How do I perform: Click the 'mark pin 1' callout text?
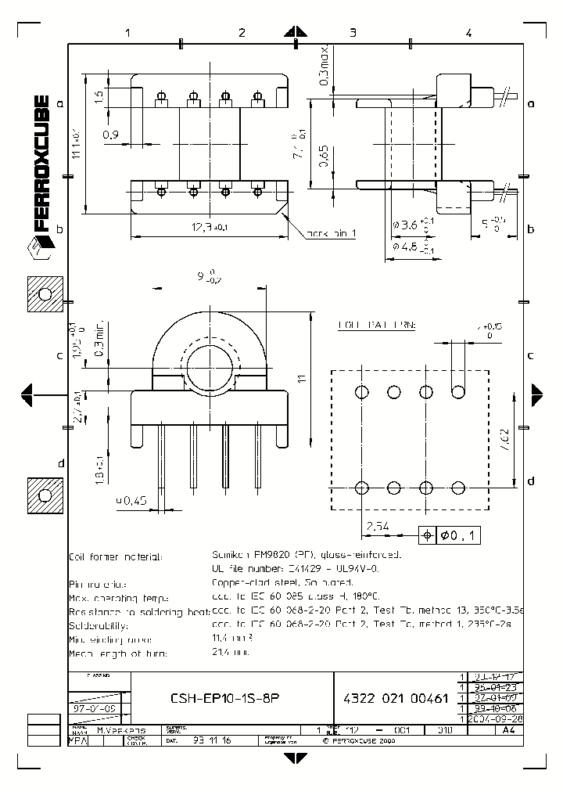pyautogui.click(x=331, y=234)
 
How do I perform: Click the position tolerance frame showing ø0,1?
pyautogui.click(x=451, y=535)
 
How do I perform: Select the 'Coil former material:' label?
pyautogui.click(x=116, y=556)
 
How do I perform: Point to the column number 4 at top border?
pyautogui.click(x=468, y=33)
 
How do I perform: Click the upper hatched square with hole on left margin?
pyautogui.click(x=45, y=296)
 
